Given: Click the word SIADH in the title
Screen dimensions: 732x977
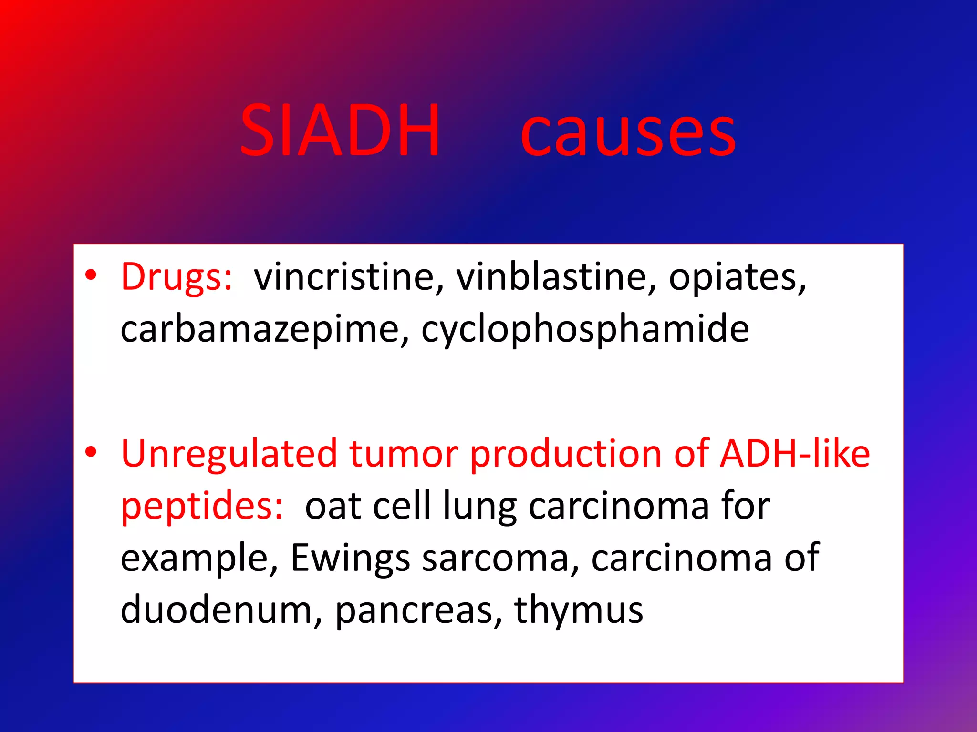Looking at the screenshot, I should click(340, 131).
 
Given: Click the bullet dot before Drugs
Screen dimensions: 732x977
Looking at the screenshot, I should click(91, 275).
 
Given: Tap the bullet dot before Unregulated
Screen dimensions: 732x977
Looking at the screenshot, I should click(91, 451).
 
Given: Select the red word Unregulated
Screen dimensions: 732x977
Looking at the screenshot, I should click(229, 454).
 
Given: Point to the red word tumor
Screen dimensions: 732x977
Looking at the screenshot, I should click(404, 454).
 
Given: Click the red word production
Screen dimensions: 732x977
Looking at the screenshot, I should click(565, 454).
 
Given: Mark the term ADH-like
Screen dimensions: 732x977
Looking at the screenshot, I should click(795, 454).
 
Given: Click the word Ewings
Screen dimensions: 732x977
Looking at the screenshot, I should click(350, 558).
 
